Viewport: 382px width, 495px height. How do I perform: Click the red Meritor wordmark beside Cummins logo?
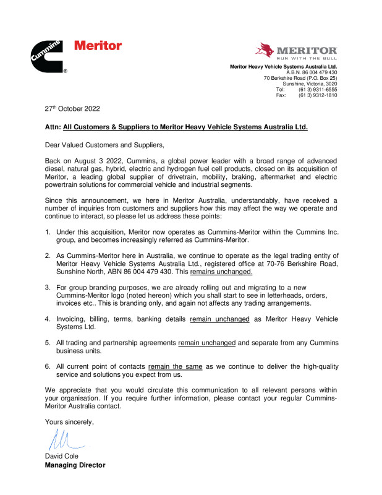(98, 46)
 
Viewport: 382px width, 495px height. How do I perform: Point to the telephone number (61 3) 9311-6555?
(318, 90)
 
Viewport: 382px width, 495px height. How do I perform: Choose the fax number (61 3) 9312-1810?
(318, 95)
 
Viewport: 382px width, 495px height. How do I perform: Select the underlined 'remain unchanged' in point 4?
(219, 319)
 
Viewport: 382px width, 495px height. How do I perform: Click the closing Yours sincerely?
(69, 422)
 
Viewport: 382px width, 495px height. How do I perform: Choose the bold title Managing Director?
(75, 465)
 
